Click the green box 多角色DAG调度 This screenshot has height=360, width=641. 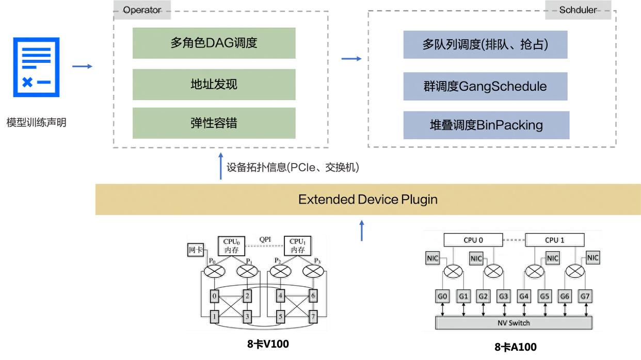point(214,43)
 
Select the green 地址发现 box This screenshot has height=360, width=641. point(214,84)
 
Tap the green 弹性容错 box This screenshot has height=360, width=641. point(214,123)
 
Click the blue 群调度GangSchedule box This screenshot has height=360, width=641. point(485,86)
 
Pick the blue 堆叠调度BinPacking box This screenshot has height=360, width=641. point(486,125)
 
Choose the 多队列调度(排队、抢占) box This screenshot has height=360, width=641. point(485,44)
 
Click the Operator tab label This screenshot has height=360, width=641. point(141,10)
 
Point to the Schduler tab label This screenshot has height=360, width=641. point(578,10)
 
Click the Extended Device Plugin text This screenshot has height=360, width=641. point(367,199)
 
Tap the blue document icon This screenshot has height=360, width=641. point(36,67)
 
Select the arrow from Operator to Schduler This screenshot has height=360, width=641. point(351,59)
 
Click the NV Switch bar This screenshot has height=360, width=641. point(514,323)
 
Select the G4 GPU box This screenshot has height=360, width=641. point(524,297)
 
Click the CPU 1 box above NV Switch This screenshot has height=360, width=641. point(555,240)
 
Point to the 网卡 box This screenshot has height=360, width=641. point(195,250)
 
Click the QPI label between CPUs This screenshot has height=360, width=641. point(265,239)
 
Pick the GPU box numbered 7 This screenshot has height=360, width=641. point(313,316)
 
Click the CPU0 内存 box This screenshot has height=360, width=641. point(231,246)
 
